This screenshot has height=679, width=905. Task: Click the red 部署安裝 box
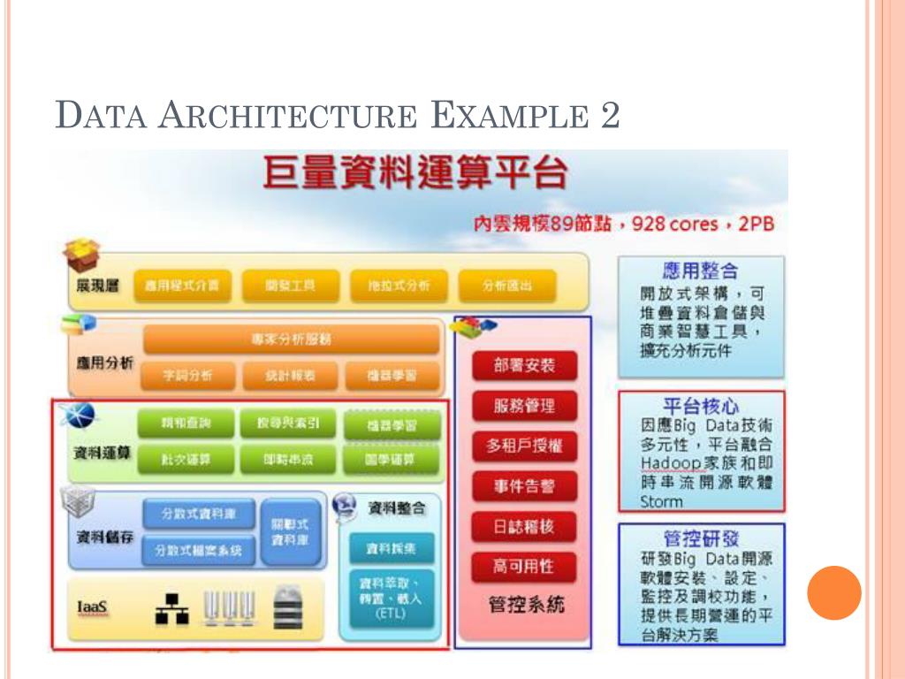click(524, 365)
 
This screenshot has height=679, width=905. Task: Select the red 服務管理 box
click(524, 406)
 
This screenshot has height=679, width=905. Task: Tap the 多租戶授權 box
click(524, 446)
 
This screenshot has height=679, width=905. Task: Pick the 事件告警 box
click(524, 486)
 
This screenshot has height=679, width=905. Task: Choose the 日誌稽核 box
click(524, 527)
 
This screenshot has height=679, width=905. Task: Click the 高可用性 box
click(524, 567)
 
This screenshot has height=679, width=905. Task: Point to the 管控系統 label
click(526, 606)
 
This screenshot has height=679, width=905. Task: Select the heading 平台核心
click(700, 407)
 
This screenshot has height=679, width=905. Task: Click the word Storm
click(662, 501)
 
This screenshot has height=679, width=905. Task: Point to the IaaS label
click(93, 609)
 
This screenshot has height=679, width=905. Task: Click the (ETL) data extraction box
click(391, 600)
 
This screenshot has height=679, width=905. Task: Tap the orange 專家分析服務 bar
click(291, 339)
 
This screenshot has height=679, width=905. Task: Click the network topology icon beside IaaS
click(171, 608)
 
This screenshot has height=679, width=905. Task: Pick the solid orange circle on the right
click(833, 592)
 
